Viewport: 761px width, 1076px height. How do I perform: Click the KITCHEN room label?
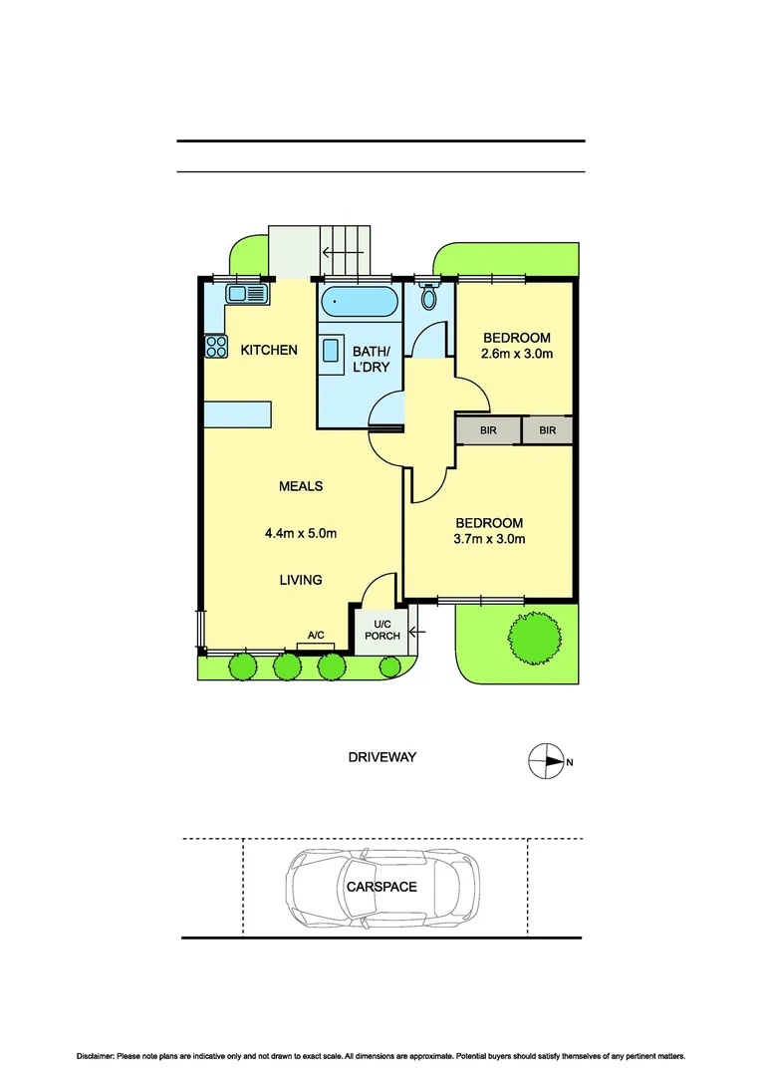(268, 350)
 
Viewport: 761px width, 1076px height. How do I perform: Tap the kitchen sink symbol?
(247, 293)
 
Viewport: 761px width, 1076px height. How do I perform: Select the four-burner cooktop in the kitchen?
(216, 347)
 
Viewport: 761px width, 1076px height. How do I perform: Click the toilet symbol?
(429, 296)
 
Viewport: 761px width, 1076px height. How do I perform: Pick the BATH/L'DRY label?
(372, 359)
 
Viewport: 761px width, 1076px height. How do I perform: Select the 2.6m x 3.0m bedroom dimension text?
(515, 354)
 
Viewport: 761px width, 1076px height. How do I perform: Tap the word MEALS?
(300, 486)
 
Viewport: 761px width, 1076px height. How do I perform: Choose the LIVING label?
(300, 580)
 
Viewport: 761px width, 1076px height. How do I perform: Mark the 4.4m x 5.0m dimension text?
(300, 533)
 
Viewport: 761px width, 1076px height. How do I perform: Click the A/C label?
(316, 635)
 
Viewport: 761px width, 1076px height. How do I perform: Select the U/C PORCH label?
(380, 630)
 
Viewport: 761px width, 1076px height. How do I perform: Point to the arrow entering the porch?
(414, 630)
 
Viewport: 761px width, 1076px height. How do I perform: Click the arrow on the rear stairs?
(342, 253)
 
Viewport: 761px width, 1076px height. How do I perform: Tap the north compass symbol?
(545, 762)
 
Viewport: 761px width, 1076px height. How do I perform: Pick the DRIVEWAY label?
(381, 757)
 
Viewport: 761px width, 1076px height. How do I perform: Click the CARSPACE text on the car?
(381, 886)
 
